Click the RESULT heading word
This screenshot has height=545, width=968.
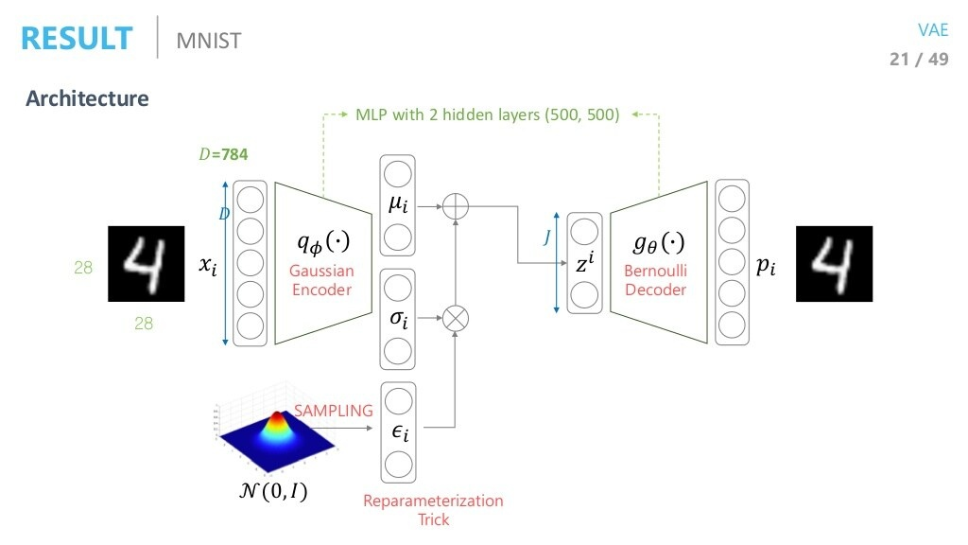pyautogui.click(x=77, y=39)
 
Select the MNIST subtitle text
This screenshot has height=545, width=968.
pyautogui.click(x=209, y=41)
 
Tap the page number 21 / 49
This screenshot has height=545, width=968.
pyautogui.click(x=919, y=60)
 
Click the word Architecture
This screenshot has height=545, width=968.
pyautogui.click(x=87, y=98)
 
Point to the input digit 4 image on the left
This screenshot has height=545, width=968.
pyautogui.click(x=143, y=264)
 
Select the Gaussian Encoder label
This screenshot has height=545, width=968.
pyautogui.click(x=321, y=280)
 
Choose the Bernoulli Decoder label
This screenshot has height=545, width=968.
pyautogui.click(x=655, y=280)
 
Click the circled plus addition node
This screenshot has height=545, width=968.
pyautogui.click(x=456, y=204)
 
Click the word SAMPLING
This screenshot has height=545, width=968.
pyautogui.click(x=334, y=412)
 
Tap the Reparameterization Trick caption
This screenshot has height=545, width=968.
pyautogui.click(x=433, y=510)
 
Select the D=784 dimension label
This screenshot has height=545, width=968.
pyautogui.click(x=223, y=153)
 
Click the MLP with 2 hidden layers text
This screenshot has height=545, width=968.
pyautogui.click(x=488, y=115)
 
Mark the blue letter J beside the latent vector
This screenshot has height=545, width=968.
pyautogui.click(x=546, y=239)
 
